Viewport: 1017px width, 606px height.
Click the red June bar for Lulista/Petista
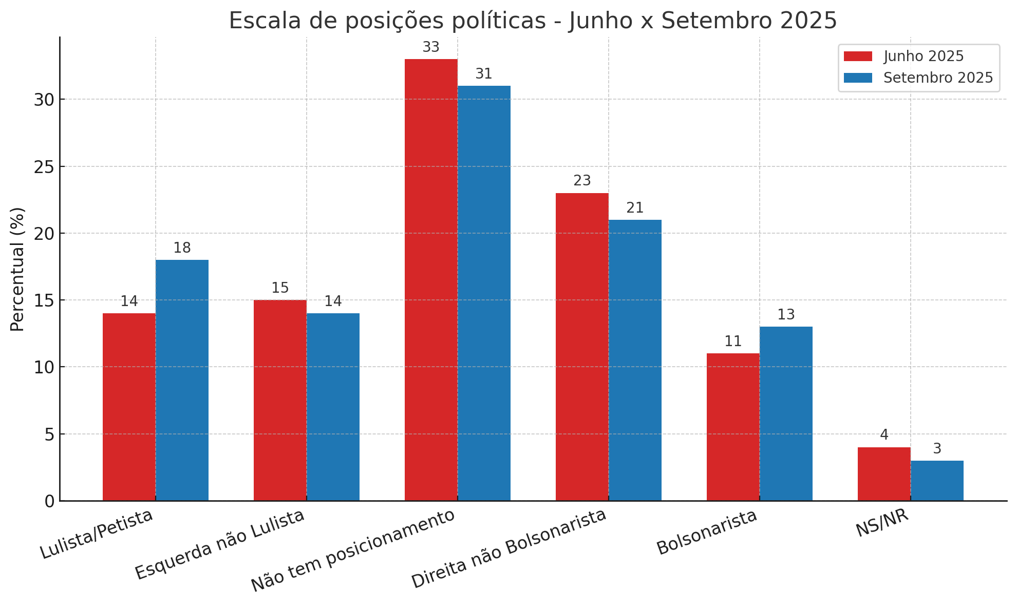[x=129, y=407]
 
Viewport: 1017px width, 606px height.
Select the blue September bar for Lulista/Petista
[x=182, y=380]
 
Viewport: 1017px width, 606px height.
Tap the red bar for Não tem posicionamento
[x=431, y=280]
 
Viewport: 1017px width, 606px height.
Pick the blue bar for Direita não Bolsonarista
[x=635, y=360]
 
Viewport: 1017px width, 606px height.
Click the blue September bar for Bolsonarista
[x=786, y=413]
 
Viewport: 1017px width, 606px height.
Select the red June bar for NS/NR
[x=884, y=474]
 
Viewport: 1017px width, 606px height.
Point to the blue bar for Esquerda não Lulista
[x=333, y=407]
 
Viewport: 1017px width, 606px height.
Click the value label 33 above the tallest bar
[x=431, y=47]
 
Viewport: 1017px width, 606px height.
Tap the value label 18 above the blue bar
[x=182, y=248]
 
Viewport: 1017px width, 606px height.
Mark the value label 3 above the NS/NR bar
[x=937, y=449]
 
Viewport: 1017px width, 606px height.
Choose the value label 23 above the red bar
[x=582, y=181]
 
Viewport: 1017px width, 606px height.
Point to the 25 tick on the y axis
[x=44, y=167]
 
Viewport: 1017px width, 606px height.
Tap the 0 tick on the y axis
[x=49, y=501]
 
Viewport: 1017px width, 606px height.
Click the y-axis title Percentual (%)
[x=17, y=269]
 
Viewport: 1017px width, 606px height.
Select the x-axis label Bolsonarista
[x=707, y=532]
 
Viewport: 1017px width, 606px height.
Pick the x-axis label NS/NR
[x=882, y=523]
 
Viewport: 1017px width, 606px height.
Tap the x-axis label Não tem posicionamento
[x=353, y=551]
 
